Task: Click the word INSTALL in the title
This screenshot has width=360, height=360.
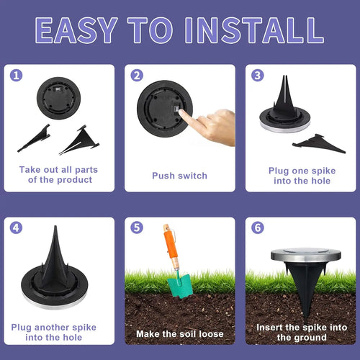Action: coord(254,30)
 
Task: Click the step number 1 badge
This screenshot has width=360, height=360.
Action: coord(17,75)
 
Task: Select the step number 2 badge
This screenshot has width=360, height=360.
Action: coord(137,75)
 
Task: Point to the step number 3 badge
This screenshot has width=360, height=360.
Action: coord(258,75)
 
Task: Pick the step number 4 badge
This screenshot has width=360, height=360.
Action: coord(17,228)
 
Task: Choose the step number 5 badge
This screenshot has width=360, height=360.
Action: coord(137,228)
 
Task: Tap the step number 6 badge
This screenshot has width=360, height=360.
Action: coord(258,228)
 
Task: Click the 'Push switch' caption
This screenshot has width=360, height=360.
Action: coord(179,176)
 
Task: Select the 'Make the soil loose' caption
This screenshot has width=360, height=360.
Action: coord(179,334)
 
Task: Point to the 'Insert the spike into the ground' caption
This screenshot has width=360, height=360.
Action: coord(300,332)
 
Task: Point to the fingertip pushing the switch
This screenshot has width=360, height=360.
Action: coord(181,114)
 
